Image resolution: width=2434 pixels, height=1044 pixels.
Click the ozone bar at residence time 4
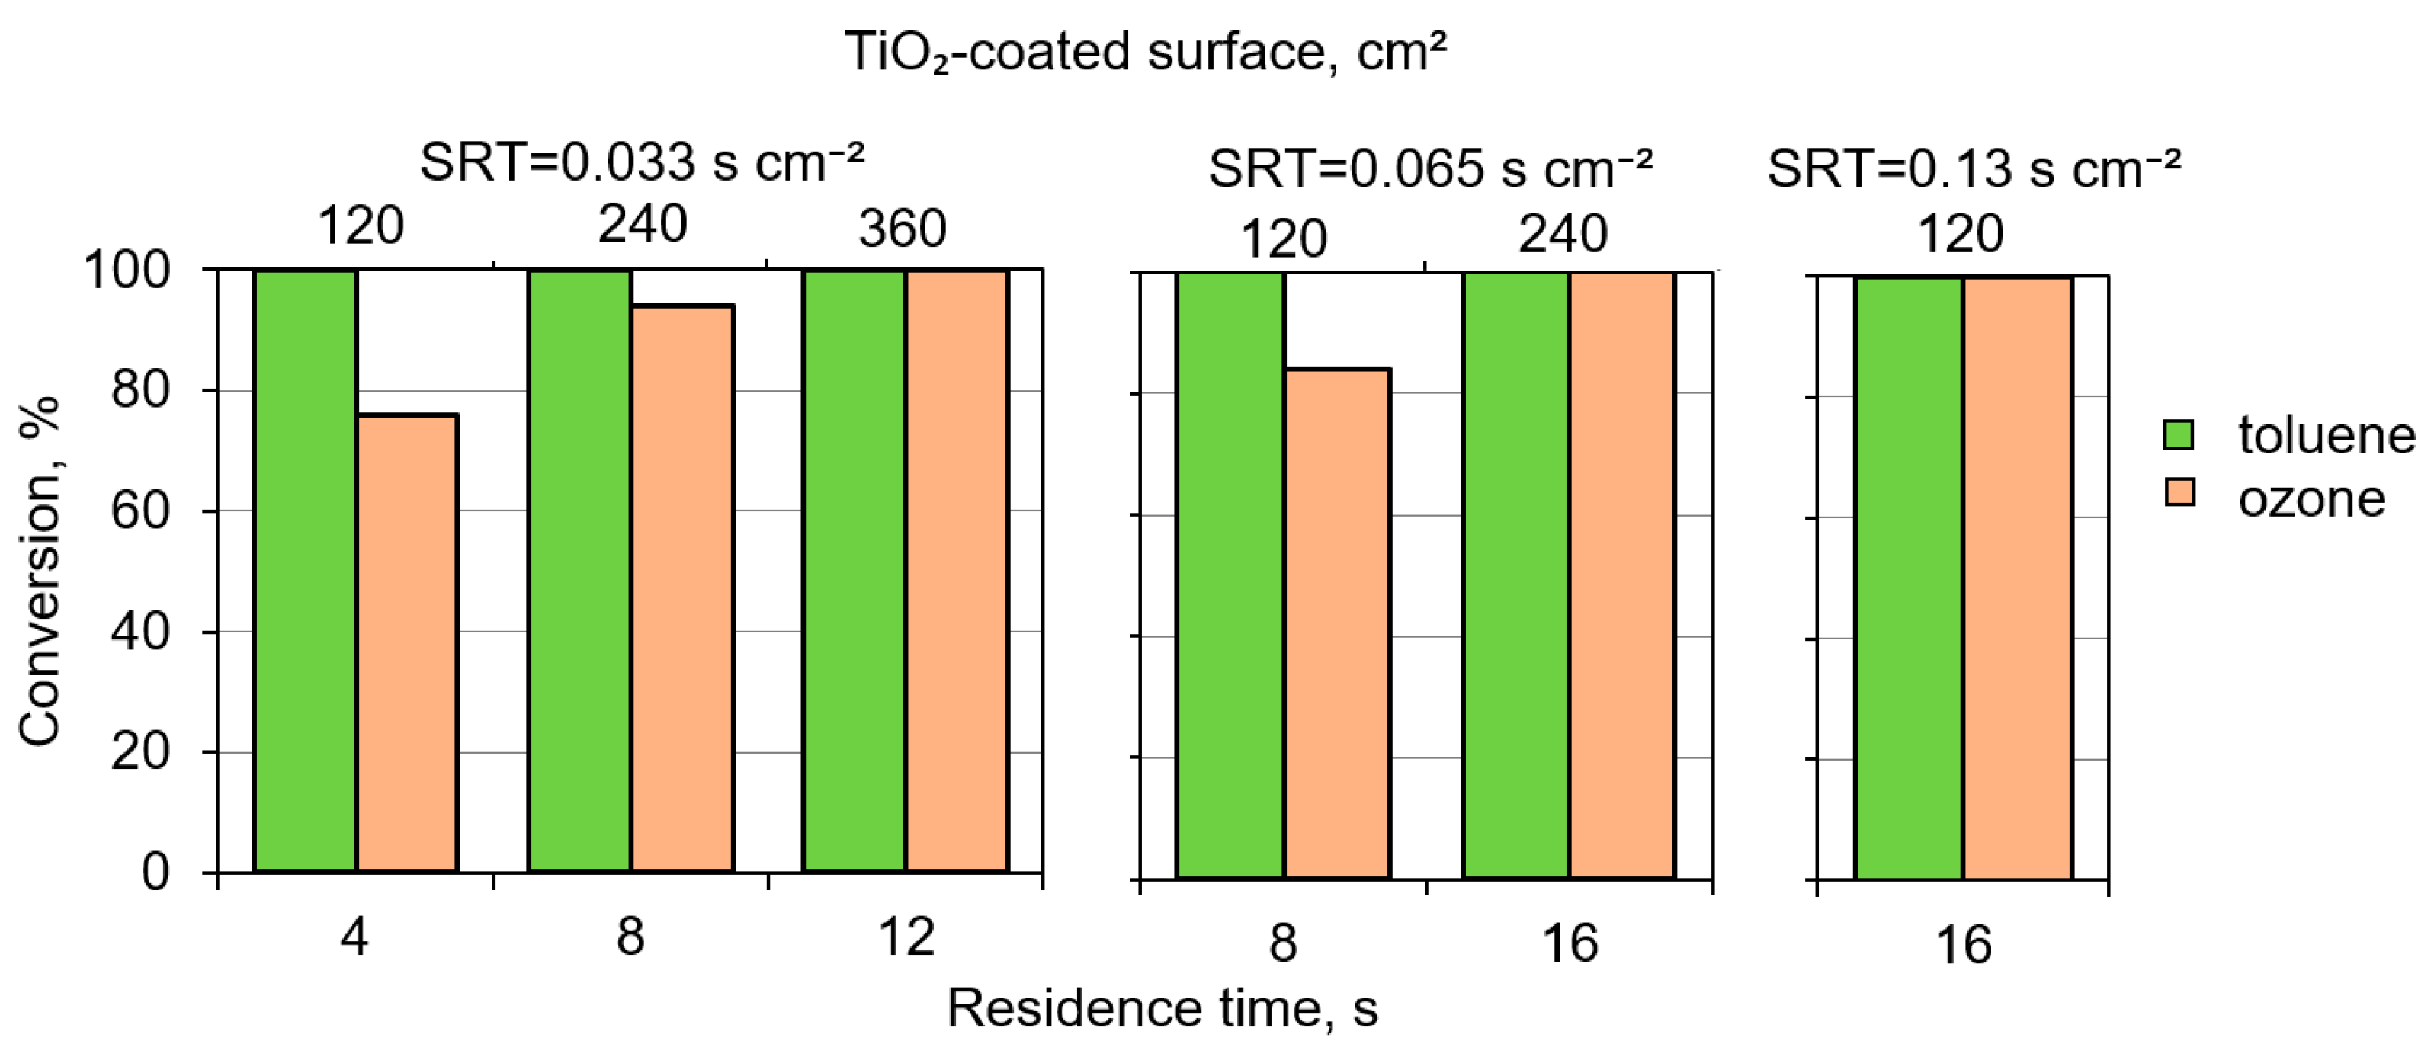pyautogui.click(x=406, y=642)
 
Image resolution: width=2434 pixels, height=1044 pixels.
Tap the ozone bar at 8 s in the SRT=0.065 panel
pyautogui.click(x=1337, y=623)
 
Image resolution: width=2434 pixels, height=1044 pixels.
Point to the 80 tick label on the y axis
pyautogui.click(x=139, y=389)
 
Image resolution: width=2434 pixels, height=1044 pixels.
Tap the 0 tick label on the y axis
pyautogui.click(x=156, y=871)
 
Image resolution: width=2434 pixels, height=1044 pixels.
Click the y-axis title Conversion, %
pyautogui.click(x=40, y=572)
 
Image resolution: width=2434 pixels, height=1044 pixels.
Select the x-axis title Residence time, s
pyautogui.click(x=1162, y=1008)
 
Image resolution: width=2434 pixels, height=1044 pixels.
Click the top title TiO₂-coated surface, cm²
pyautogui.click(x=1145, y=51)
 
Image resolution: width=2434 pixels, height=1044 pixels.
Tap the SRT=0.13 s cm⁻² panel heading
pyautogui.click(x=1973, y=169)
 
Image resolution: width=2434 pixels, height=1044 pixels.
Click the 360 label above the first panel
pyautogui.click(x=903, y=229)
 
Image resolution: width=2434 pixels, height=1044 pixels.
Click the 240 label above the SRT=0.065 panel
pyautogui.click(x=1563, y=233)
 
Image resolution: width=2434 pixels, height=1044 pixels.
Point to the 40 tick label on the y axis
pyautogui.click(x=139, y=631)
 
